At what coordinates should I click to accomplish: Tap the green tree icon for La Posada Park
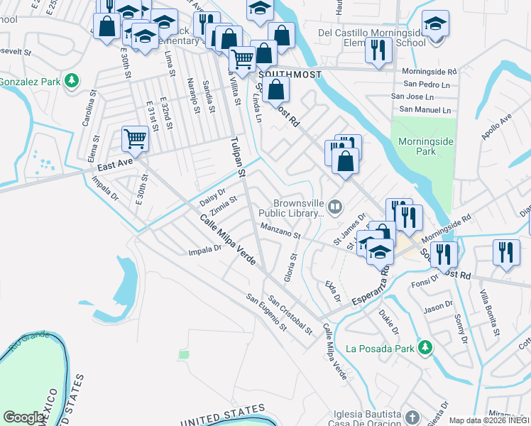(425, 347)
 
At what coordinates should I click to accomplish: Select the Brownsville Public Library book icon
(335, 207)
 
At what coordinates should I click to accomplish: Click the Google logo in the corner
(24, 417)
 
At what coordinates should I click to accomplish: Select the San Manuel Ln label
(425, 109)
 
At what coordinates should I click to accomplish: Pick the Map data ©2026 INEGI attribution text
(488, 420)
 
